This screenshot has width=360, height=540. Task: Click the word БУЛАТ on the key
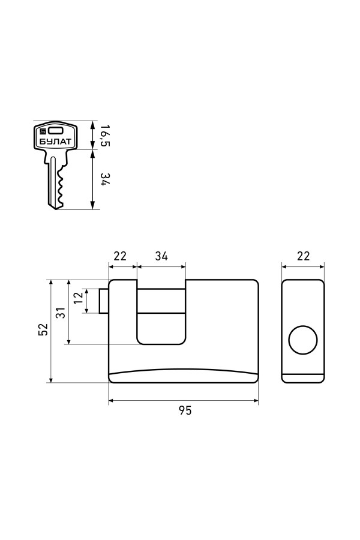coord(55,141)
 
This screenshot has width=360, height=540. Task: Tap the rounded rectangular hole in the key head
coord(55,131)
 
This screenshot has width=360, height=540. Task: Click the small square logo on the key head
coord(43,131)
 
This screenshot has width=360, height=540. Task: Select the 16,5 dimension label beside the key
coord(105,135)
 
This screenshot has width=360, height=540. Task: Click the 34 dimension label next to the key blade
coord(105,179)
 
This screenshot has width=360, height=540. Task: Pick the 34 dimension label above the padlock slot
coord(161,256)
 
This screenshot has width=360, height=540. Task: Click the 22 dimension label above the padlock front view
coord(120,256)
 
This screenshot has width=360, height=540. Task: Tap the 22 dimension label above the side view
coord(303,256)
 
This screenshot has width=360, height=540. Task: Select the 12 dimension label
coord(79,298)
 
